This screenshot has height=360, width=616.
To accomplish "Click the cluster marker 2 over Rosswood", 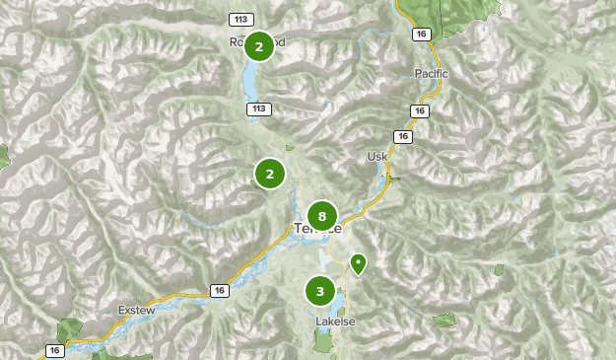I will pos(259,46).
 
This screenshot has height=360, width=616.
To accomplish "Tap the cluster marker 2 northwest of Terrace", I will pos(269,175).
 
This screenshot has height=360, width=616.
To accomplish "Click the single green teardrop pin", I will pos(358,263).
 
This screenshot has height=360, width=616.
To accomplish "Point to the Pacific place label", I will pos(431,74).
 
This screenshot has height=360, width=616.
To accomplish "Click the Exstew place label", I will pos(137,310).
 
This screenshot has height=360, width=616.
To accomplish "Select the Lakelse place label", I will pos(333,322).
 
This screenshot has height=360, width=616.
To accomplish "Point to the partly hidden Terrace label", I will pos(317,229).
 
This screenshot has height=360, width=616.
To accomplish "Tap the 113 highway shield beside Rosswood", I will pos(240,20).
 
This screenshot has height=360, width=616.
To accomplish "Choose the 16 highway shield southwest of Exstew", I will pos(55,350).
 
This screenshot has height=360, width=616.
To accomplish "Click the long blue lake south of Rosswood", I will pos(249,78).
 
